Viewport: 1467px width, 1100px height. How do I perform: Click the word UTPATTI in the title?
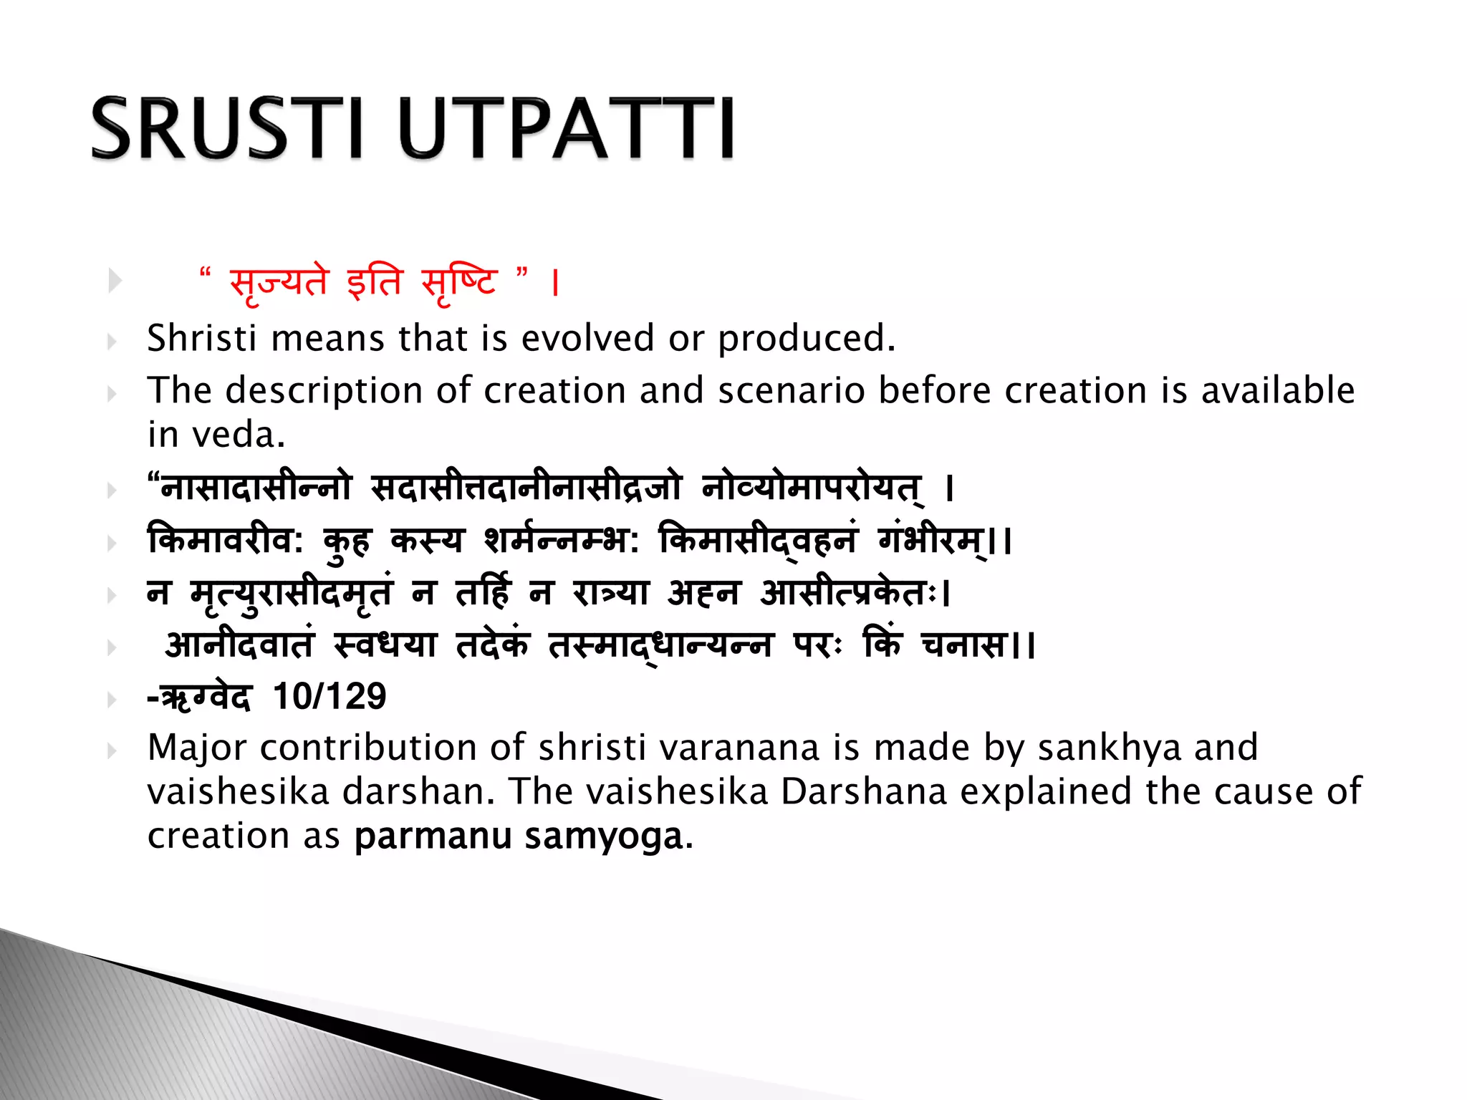coord(566,128)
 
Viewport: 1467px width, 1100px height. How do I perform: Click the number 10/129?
coord(330,696)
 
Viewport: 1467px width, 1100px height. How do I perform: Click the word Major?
coord(197,748)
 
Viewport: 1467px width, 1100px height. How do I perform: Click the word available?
coord(1278,390)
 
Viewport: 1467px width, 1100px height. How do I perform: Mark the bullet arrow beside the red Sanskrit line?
coord(115,281)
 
